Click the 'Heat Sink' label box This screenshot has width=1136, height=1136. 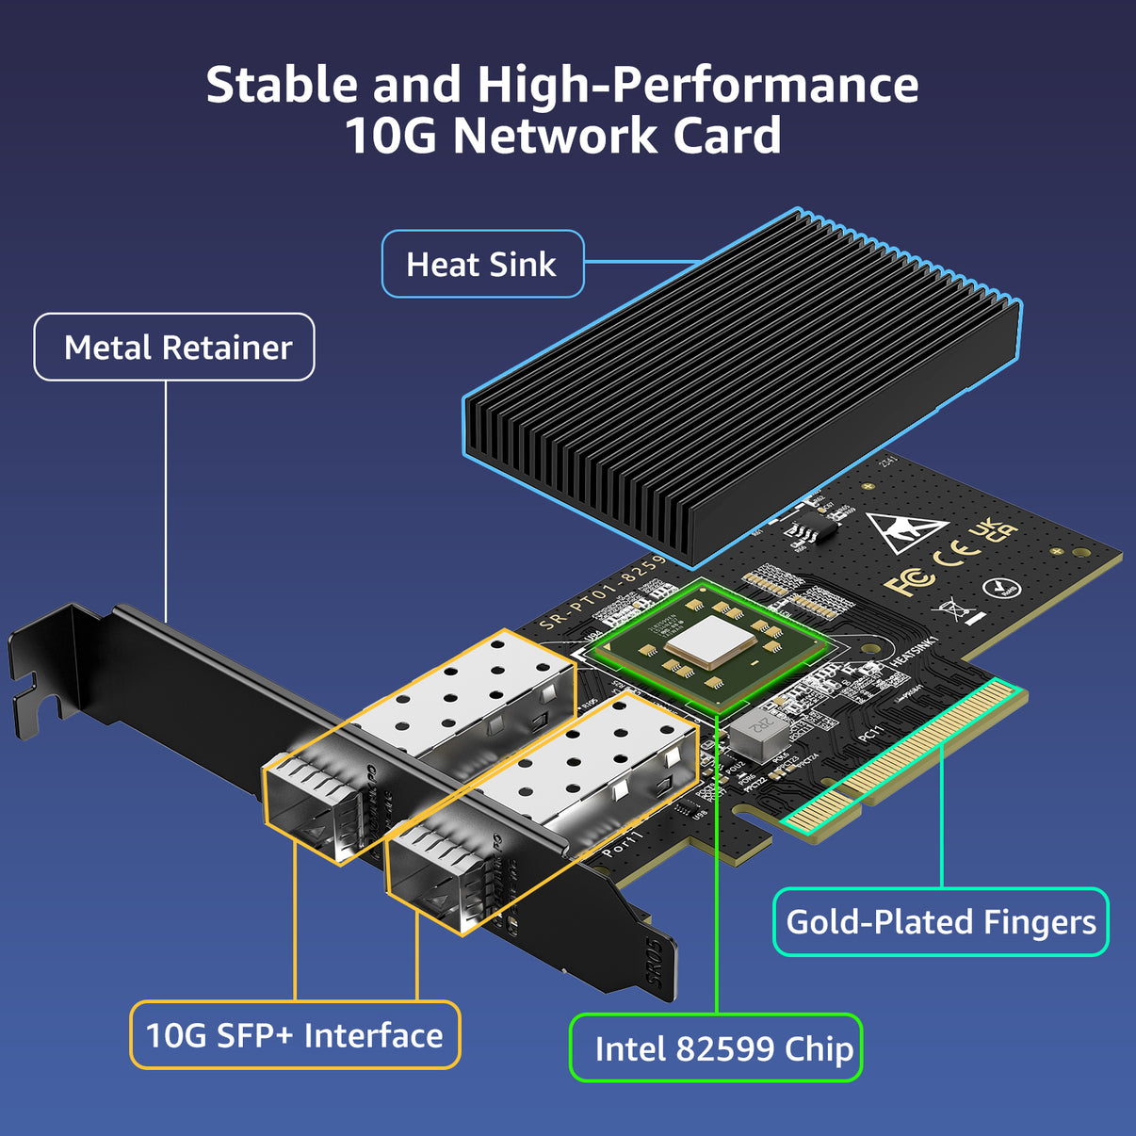pos(482,265)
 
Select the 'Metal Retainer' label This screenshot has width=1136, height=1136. pos(175,348)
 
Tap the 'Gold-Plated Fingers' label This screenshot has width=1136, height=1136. pos(940,922)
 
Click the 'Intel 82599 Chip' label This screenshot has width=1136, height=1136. pos(716,1048)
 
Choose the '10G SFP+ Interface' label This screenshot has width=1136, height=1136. pos(295,1035)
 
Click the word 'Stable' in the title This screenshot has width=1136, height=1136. pos(282,86)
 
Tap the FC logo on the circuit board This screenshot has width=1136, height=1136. pos(908,582)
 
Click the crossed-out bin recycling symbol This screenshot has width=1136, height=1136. pos(956,609)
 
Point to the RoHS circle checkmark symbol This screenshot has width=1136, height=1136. pos(1000,589)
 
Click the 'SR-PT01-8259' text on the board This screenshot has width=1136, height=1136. pos(603,592)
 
